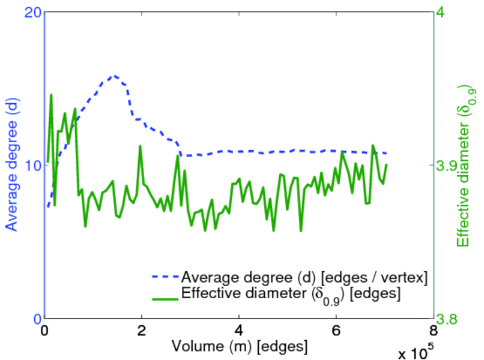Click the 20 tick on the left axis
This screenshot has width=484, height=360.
click(33, 13)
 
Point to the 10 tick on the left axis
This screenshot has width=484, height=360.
click(33, 166)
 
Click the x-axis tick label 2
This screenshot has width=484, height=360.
click(142, 332)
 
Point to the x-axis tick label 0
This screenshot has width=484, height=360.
click(44, 332)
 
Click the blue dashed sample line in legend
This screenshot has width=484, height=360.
click(165, 277)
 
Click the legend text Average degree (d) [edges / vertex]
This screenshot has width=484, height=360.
click(304, 277)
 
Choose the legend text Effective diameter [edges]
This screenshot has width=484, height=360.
click(291, 295)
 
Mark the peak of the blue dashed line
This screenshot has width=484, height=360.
click(113, 76)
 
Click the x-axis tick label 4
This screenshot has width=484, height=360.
click(239, 332)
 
